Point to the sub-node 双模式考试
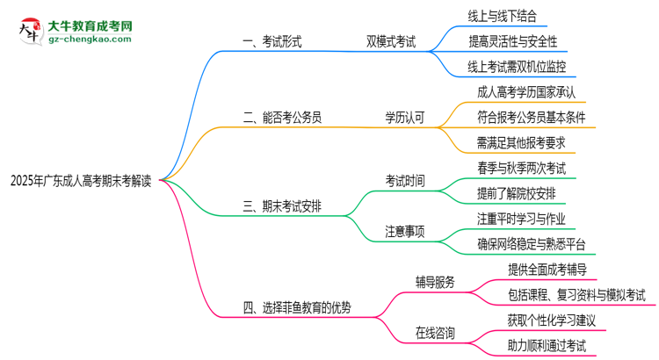(392, 41)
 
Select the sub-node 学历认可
(404, 116)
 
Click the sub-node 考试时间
(404, 182)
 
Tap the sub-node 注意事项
(404, 232)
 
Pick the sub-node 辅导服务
(435, 282)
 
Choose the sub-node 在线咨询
(435, 333)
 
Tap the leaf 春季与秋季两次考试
(521, 166)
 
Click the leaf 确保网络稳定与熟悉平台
(531, 244)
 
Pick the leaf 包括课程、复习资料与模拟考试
(576, 294)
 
